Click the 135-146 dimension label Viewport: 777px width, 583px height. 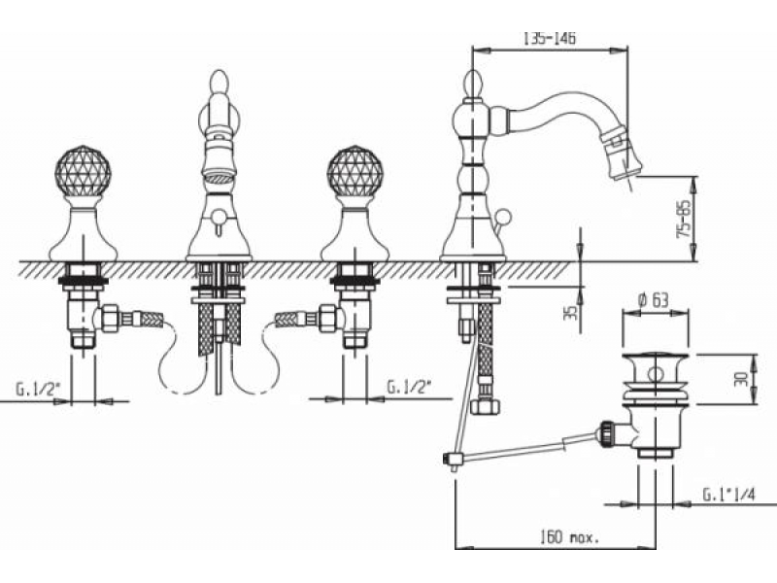coord(550,38)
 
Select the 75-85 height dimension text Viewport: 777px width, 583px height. coord(684,220)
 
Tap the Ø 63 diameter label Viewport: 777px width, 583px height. coord(654,300)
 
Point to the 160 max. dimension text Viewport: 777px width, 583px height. coord(569,536)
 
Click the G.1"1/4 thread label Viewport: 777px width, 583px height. coord(729,495)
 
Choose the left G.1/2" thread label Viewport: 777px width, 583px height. coord(38,389)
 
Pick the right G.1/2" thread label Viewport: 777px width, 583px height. coord(409,387)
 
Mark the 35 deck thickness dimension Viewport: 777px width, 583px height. coord(571,312)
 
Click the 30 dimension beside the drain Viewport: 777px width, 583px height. coord(741,379)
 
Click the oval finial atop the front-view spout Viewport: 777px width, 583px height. coord(220,83)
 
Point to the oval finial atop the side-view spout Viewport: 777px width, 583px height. coord(473,84)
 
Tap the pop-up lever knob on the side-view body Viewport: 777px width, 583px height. coord(503,216)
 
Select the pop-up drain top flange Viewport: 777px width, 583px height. coord(656,358)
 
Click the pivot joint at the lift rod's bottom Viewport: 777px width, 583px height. coord(452,459)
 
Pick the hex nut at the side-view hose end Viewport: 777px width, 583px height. coord(485,406)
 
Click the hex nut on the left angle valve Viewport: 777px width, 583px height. coord(110,319)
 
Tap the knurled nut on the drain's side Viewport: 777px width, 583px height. coord(608,433)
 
